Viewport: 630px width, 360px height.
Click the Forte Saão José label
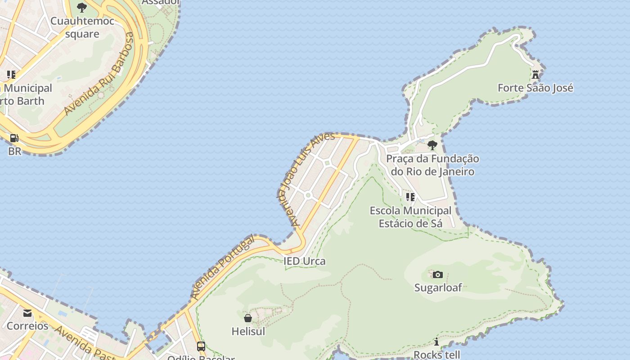pyautogui.click(x=535, y=88)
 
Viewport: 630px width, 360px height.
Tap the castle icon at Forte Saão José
pyautogui.click(x=535, y=75)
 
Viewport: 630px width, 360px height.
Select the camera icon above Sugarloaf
pyautogui.click(x=437, y=274)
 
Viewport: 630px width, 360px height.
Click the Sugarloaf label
pyautogui.click(x=438, y=288)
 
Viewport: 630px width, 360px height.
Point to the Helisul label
pyautogui.click(x=248, y=332)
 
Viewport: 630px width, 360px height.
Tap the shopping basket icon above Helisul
pyautogui.click(x=248, y=318)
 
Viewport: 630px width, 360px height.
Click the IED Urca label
pyautogui.click(x=304, y=261)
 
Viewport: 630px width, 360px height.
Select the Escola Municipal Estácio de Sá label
pyautogui.click(x=410, y=217)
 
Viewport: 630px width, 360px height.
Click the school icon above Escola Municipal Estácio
pyautogui.click(x=410, y=197)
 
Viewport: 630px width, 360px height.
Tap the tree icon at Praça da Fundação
pyautogui.click(x=432, y=145)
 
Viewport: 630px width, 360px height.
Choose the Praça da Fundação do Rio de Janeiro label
pyautogui.click(x=432, y=165)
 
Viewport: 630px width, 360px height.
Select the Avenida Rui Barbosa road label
pyautogui.click(x=99, y=74)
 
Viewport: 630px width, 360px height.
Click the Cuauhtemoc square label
pyautogui.click(x=82, y=27)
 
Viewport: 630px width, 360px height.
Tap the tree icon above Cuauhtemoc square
pyautogui.click(x=81, y=7)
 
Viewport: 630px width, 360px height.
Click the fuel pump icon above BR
pyautogui.click(x=14, y=138)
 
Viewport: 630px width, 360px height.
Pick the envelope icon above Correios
pyautogui.click(x=27, y=313)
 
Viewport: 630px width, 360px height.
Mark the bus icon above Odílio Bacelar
pyautogui.click(x=201, y=346)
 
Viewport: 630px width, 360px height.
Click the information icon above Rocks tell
pyautogui.click(x=436, y=342)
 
